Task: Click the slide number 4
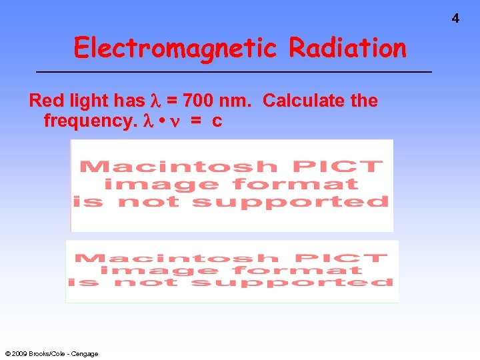tap(455, 19)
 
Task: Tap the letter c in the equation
tap(217, 121)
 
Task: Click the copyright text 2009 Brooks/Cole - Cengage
tap(51, 353)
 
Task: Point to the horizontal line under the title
tap(233, 71)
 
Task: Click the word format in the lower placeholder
tap(319, 271)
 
